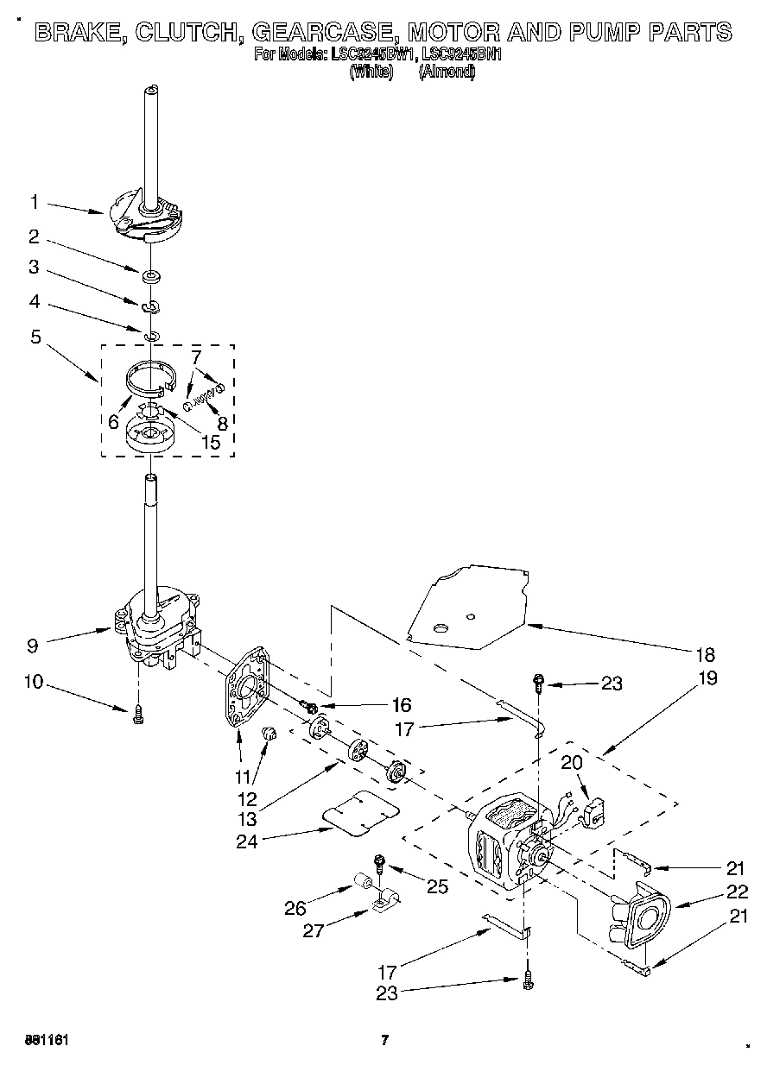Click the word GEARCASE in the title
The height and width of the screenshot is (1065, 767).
(x=324, y=33)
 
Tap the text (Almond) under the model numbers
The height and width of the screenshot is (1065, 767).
(x=446, y=73)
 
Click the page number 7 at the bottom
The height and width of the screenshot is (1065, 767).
(x=385, y=1040)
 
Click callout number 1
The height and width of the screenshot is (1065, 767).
(x=34, y=202)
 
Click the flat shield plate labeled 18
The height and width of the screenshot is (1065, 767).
(x=471, y=604)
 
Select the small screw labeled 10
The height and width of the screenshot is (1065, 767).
(x=137, y=715)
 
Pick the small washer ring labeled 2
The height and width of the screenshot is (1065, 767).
(x=151, y=276)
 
